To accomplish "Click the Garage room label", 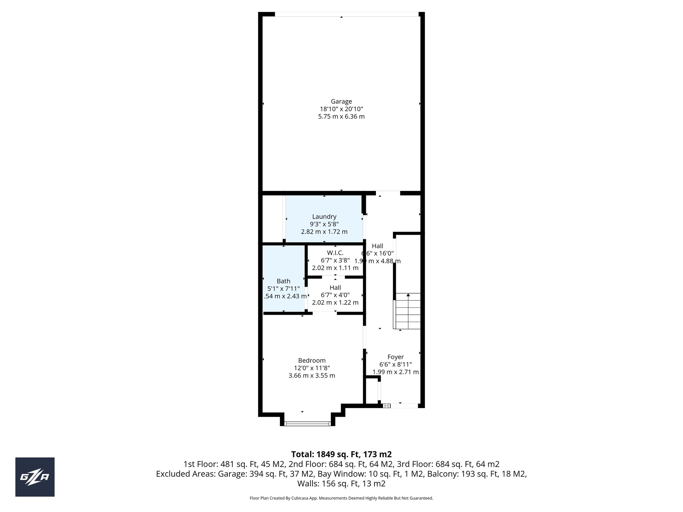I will point(341,101).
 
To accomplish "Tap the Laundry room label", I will point(324,217).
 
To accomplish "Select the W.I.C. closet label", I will point(335,253).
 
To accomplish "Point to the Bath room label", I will point(283,281).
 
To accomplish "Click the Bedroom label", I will point(312,360).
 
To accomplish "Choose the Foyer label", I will point(396,357).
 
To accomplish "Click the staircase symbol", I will point(408,311).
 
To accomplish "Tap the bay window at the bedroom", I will point(307,424).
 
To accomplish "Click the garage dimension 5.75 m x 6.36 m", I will point(341,117).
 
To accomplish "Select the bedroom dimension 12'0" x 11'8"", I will point(312,368).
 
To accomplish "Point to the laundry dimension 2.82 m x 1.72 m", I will point(324,232).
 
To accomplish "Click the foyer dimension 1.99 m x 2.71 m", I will point(396,372).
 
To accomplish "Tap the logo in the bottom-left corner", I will point(35,477).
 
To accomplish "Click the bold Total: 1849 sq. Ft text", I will point(341,454).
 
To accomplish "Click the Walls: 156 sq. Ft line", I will point(341,484).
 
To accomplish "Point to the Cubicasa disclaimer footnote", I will point(341,498).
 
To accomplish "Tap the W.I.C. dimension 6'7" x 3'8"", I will point(335,260).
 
